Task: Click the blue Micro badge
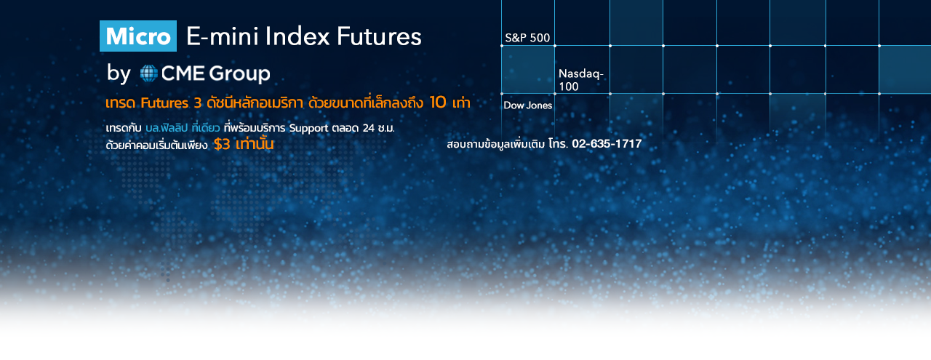(138, 36)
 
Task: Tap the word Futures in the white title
(379, 36)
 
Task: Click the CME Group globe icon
(148, 73)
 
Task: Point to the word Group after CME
(239, 73)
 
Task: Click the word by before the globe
(119, 73)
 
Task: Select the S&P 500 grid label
(527, 38)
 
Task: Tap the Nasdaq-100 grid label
(580, 80)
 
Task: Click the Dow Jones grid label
(528, 105)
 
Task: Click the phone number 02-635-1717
(607, 144)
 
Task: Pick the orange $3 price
(222, 144)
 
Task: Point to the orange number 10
(438, 103)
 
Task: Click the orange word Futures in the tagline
(164, 103)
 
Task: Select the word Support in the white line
(308, 128)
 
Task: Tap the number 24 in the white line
(369, 128)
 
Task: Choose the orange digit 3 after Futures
(197, 103)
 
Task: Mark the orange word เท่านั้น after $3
(255, 144)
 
